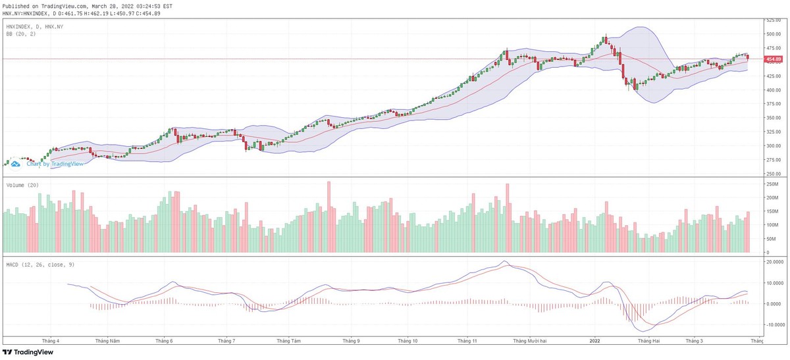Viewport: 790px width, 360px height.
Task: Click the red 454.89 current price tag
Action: click(x=774, y=59)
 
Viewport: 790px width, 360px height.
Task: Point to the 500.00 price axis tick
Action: click(x=773, y=34)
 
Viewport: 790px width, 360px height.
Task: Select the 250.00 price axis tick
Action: click(x=773, y=174)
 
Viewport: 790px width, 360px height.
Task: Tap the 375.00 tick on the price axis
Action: click(x=773, y=104)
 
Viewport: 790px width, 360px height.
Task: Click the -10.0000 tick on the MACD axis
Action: click(x=775, y=325)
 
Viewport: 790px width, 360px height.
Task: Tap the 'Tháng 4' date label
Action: click(x=51, y=341)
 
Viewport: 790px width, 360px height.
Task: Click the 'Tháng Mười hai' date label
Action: click(x=530, y=341)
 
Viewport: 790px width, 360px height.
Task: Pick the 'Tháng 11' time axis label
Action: click(x=467, y=341)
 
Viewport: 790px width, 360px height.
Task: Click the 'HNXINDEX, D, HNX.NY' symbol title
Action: click(x=34, y=26)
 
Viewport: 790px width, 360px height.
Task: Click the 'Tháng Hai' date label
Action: click(x=648, y=341)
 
